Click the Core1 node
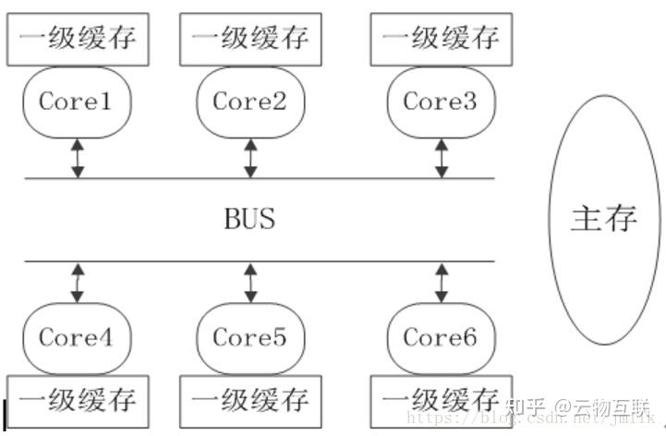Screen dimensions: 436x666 pyautogui.click(x=77, y=102)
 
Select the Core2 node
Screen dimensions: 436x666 pyautogui.click(x=250, y=102)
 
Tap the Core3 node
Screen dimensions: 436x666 pyautogui.click(x=441, y=102)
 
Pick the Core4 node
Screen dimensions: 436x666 pyautogui.click(x=77, y=337)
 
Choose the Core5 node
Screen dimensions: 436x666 pyautogui.click(x=250, y=337)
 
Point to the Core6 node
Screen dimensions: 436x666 pyautogui.click(x=441, y=337)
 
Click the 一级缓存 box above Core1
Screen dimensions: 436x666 pyautogui.click(x=78, y=39)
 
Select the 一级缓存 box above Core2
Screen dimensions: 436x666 pyautogui.click(x=250, y=39)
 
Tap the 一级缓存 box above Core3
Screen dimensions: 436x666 pyautogui.click(x=441, y=39)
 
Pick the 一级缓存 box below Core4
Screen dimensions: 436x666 pyautogui.click(x=78, y=401)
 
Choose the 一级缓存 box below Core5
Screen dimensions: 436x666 pyautogui.click(x=250, y=401)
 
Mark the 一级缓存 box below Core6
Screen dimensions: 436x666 pyautogui.click(x=441, y=401)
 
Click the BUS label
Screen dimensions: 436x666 pyautogui.click(x=249, y=220)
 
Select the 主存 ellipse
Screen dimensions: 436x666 pyautogui.click(x=605, y=219)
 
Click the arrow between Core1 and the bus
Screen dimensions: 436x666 pyautogui.click(x=78, y=157)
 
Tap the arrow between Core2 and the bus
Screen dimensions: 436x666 pyautogui.click(x=250, y=157)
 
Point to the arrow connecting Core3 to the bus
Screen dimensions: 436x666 pyautogui.click(x=442, y=157)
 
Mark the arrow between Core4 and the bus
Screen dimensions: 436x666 pyautogui.click(x=78, y=282)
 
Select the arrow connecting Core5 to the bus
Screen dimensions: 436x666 pyautogui.click(x=250, y=282)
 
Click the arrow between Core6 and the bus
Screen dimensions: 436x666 pyautogui.click(x=442, y=282)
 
